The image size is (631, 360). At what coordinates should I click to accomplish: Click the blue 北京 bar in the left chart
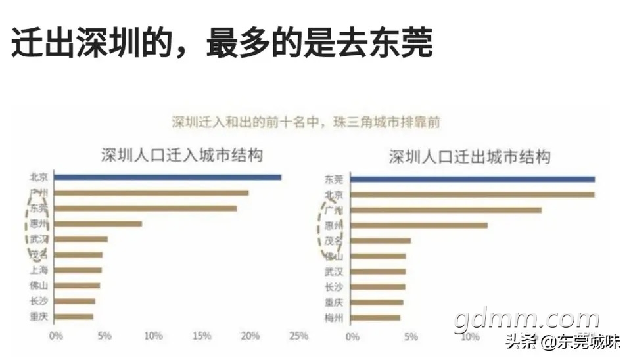[x=168, y=177]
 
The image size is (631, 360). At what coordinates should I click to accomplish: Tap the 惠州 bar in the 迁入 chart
[x=98, y=224]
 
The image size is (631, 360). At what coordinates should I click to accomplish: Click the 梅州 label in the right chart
[x=334, y=318]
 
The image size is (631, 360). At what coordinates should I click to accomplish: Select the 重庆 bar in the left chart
[x=74, y=317]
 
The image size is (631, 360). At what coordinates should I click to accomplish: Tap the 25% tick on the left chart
[x=298, y=336]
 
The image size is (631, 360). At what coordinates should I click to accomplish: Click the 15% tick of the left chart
[x=202, y=336]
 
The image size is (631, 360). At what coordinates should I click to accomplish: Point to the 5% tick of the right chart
[x=410, y=336]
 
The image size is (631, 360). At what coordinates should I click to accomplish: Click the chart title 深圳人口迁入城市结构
[x=181, y=156]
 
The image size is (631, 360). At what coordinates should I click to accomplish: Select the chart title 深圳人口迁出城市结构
[x=469, y=157]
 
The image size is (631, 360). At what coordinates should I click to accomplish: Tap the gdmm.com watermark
[x=526, y=319]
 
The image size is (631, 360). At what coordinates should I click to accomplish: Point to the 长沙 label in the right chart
[x=334, y=286]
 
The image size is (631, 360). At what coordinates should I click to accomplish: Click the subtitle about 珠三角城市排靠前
[x=306, y=122]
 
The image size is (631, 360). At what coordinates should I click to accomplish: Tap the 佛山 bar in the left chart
[x=77, y=286]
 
